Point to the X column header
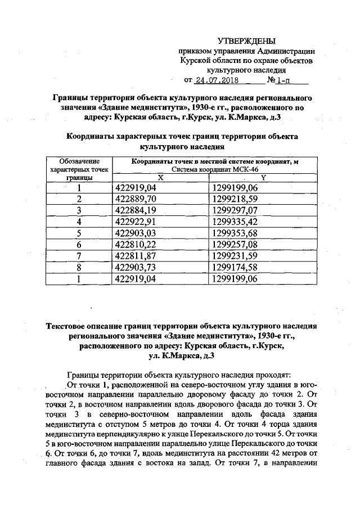pyautogui.click(x=160, y=177)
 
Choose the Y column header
pyautogui.click(x=263, y=177)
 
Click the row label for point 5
pyautogui.click(x=79, y=233)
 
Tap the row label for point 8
pyautogui.click(x=79, y=267)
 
